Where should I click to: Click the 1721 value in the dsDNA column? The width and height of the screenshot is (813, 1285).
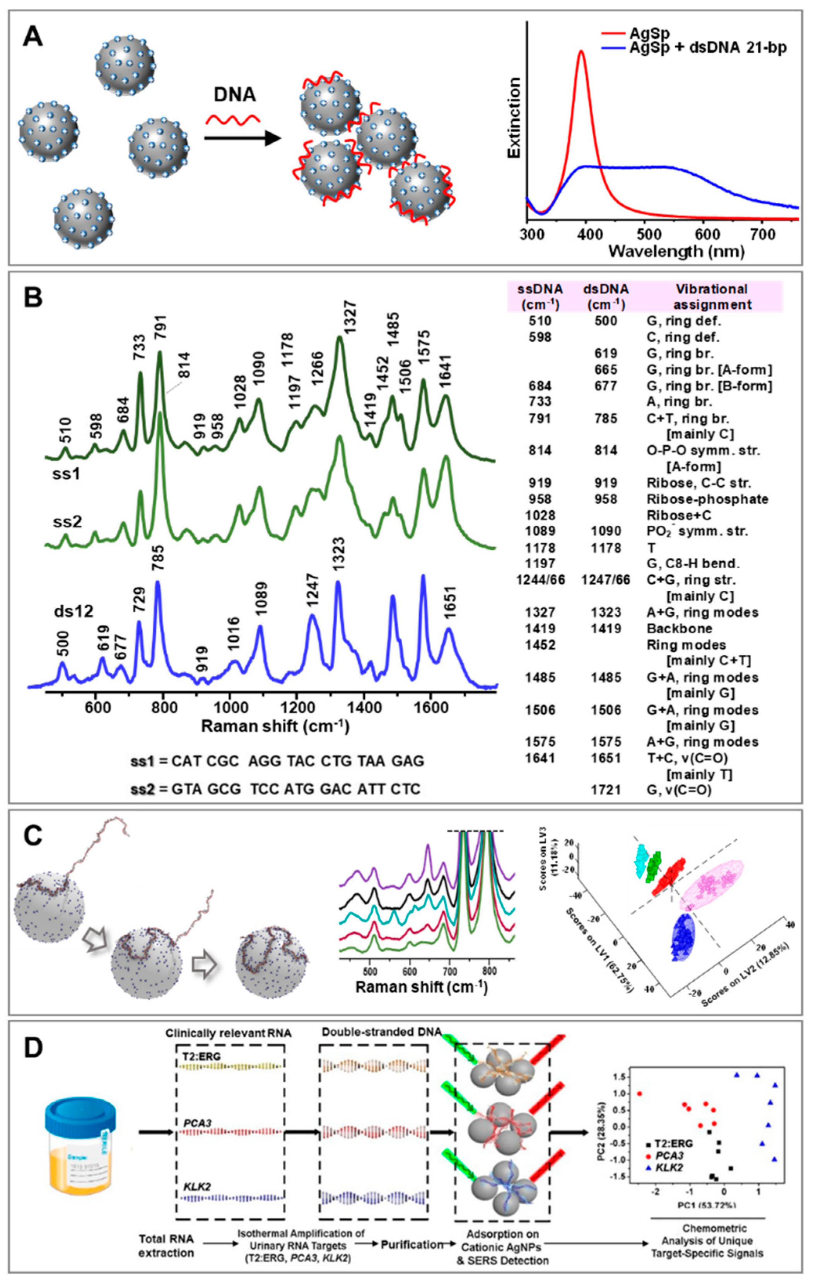(x=605, y=788)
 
